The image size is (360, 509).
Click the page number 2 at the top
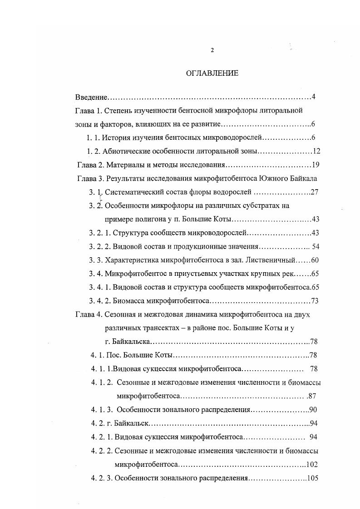click(212, 50)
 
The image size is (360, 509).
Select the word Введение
click(91, 97)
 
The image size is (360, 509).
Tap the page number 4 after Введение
click(314, 97)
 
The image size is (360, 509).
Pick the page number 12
click(317, 151)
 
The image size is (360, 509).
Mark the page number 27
click(316, 192)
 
